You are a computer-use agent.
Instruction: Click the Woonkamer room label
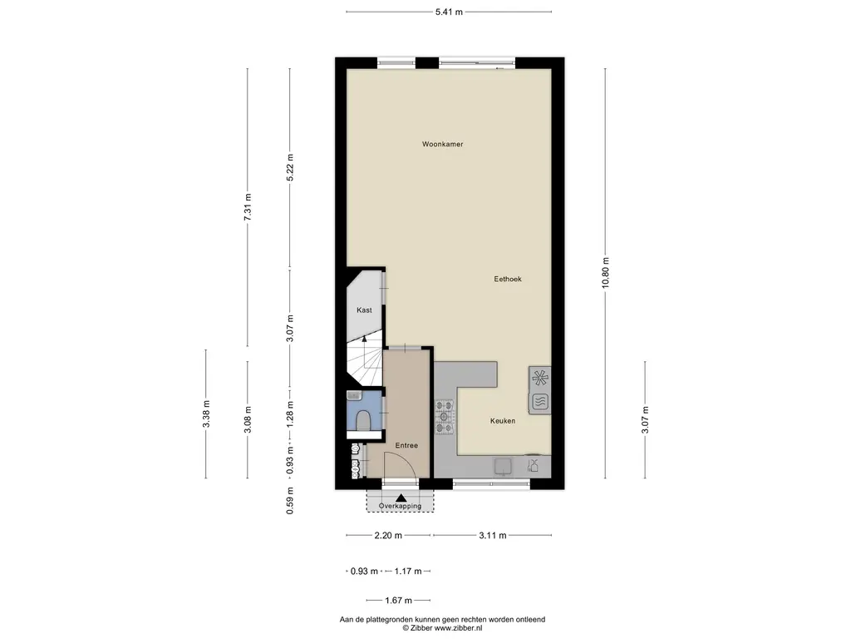tap(442, 144)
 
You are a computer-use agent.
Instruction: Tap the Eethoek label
tap(508, 279)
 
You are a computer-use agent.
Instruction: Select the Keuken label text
tap(503, 420)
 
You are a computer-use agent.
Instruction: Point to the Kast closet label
tap(364, 310)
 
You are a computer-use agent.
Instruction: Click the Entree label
tap(406, 445)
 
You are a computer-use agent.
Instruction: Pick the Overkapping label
tap(400, 506)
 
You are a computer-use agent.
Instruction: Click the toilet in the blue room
tap(363, 419)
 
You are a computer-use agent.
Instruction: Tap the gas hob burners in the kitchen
tap(445, 417)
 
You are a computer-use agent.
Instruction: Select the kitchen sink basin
tap(503, 466)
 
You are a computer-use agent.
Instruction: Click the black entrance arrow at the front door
tap(401, 498)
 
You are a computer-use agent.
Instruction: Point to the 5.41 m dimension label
tap(449, 12)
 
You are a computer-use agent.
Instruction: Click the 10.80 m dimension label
tap(606, 273)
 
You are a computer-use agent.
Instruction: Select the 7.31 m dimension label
tap(248, 207)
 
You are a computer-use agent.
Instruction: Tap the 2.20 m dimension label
tap(388, 535)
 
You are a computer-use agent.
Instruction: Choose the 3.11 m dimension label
tap(492, 535)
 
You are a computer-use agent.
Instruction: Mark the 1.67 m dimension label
tap(398, 601)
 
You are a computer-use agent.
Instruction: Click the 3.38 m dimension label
tap(206, 414)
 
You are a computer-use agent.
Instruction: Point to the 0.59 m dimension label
tap(290, 500)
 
